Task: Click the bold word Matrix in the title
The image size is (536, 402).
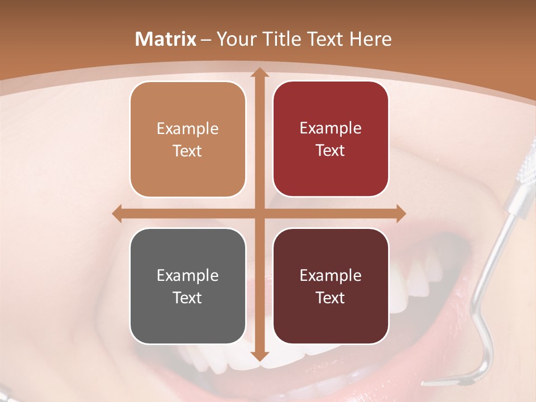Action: point(166,39)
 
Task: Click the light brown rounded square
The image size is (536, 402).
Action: point(188,140)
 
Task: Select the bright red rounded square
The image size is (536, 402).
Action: point(331,140)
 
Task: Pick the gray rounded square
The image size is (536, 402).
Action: point(188,286)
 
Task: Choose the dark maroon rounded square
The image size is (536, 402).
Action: point(331,286)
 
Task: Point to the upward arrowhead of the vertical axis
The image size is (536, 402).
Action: point(259,73)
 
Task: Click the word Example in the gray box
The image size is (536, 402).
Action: point(188,275)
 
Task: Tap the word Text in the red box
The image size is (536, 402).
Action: point(331,151)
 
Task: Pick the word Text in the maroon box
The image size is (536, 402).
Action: point(331,298)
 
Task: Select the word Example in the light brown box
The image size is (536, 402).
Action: point(188,128)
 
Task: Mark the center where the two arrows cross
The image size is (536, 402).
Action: point(259,213)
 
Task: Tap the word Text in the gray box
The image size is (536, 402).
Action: point(188,298)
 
